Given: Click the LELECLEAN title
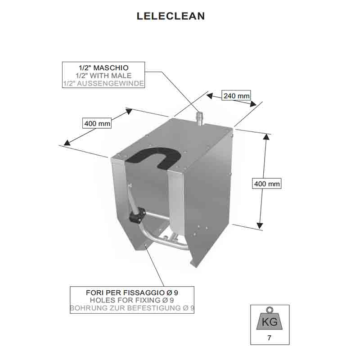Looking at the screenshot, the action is coord(171,16).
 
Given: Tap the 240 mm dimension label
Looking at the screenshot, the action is coord(237,95).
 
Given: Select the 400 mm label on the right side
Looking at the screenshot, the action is coord(267,184).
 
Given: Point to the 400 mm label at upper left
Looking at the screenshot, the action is coord(97,123).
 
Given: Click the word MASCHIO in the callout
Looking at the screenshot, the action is coord(111,68).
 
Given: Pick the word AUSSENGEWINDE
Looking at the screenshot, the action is coord(110,83).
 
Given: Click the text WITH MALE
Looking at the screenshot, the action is coord(111,76).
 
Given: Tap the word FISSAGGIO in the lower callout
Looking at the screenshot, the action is coord(144,293).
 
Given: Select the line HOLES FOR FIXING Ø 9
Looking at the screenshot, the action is coord(132,300).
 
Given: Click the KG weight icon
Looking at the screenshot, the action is coord(270,319).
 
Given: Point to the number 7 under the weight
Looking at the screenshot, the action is coord(269,338).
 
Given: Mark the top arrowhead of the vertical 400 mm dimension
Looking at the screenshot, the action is coord(266,137).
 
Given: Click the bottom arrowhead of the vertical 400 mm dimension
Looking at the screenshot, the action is coord(260,226).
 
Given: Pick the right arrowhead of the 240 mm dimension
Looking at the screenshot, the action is coord(253,104).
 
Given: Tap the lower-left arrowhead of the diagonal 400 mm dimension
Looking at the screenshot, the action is coord(67,143).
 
